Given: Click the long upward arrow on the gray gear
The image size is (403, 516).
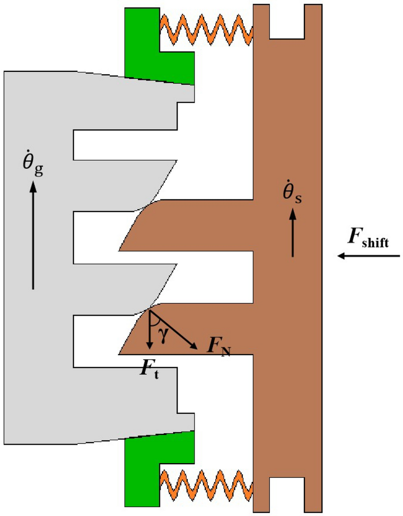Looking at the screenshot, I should pyautogui.click(x=33, y=235).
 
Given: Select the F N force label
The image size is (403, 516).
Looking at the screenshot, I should pyautogui.click(x=217, y=346).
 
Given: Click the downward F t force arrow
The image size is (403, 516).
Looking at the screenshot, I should pyautogui.click(x=150, y=330).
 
